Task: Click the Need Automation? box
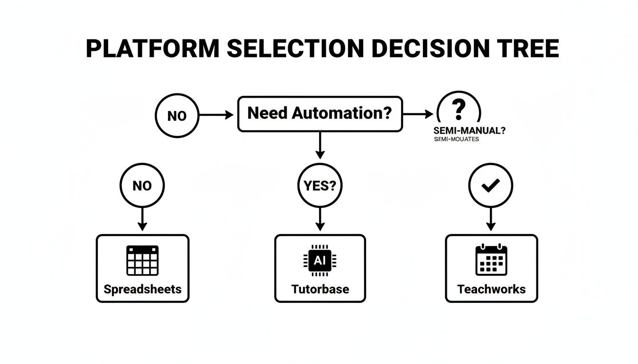tap(319, 114)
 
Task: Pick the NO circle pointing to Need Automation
tap(177, 115)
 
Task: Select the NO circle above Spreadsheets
tap(142, 185)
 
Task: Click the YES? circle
tap(319, 185)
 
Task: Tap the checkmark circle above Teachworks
tap(490, 185)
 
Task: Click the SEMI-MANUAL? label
tap(469, 130)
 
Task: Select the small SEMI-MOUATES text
tap(456, 140)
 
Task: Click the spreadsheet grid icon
tap(142, 260)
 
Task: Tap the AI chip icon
tap(319, 260)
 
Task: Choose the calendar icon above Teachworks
tap(491, 260)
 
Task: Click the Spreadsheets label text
tap(142, 289)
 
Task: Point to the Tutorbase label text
tap(320, 289)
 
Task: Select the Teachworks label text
tap(491, 289)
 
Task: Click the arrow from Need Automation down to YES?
tap(319, 145)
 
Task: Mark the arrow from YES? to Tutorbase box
tap(319, 220)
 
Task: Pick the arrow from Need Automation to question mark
tap(417, 114)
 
